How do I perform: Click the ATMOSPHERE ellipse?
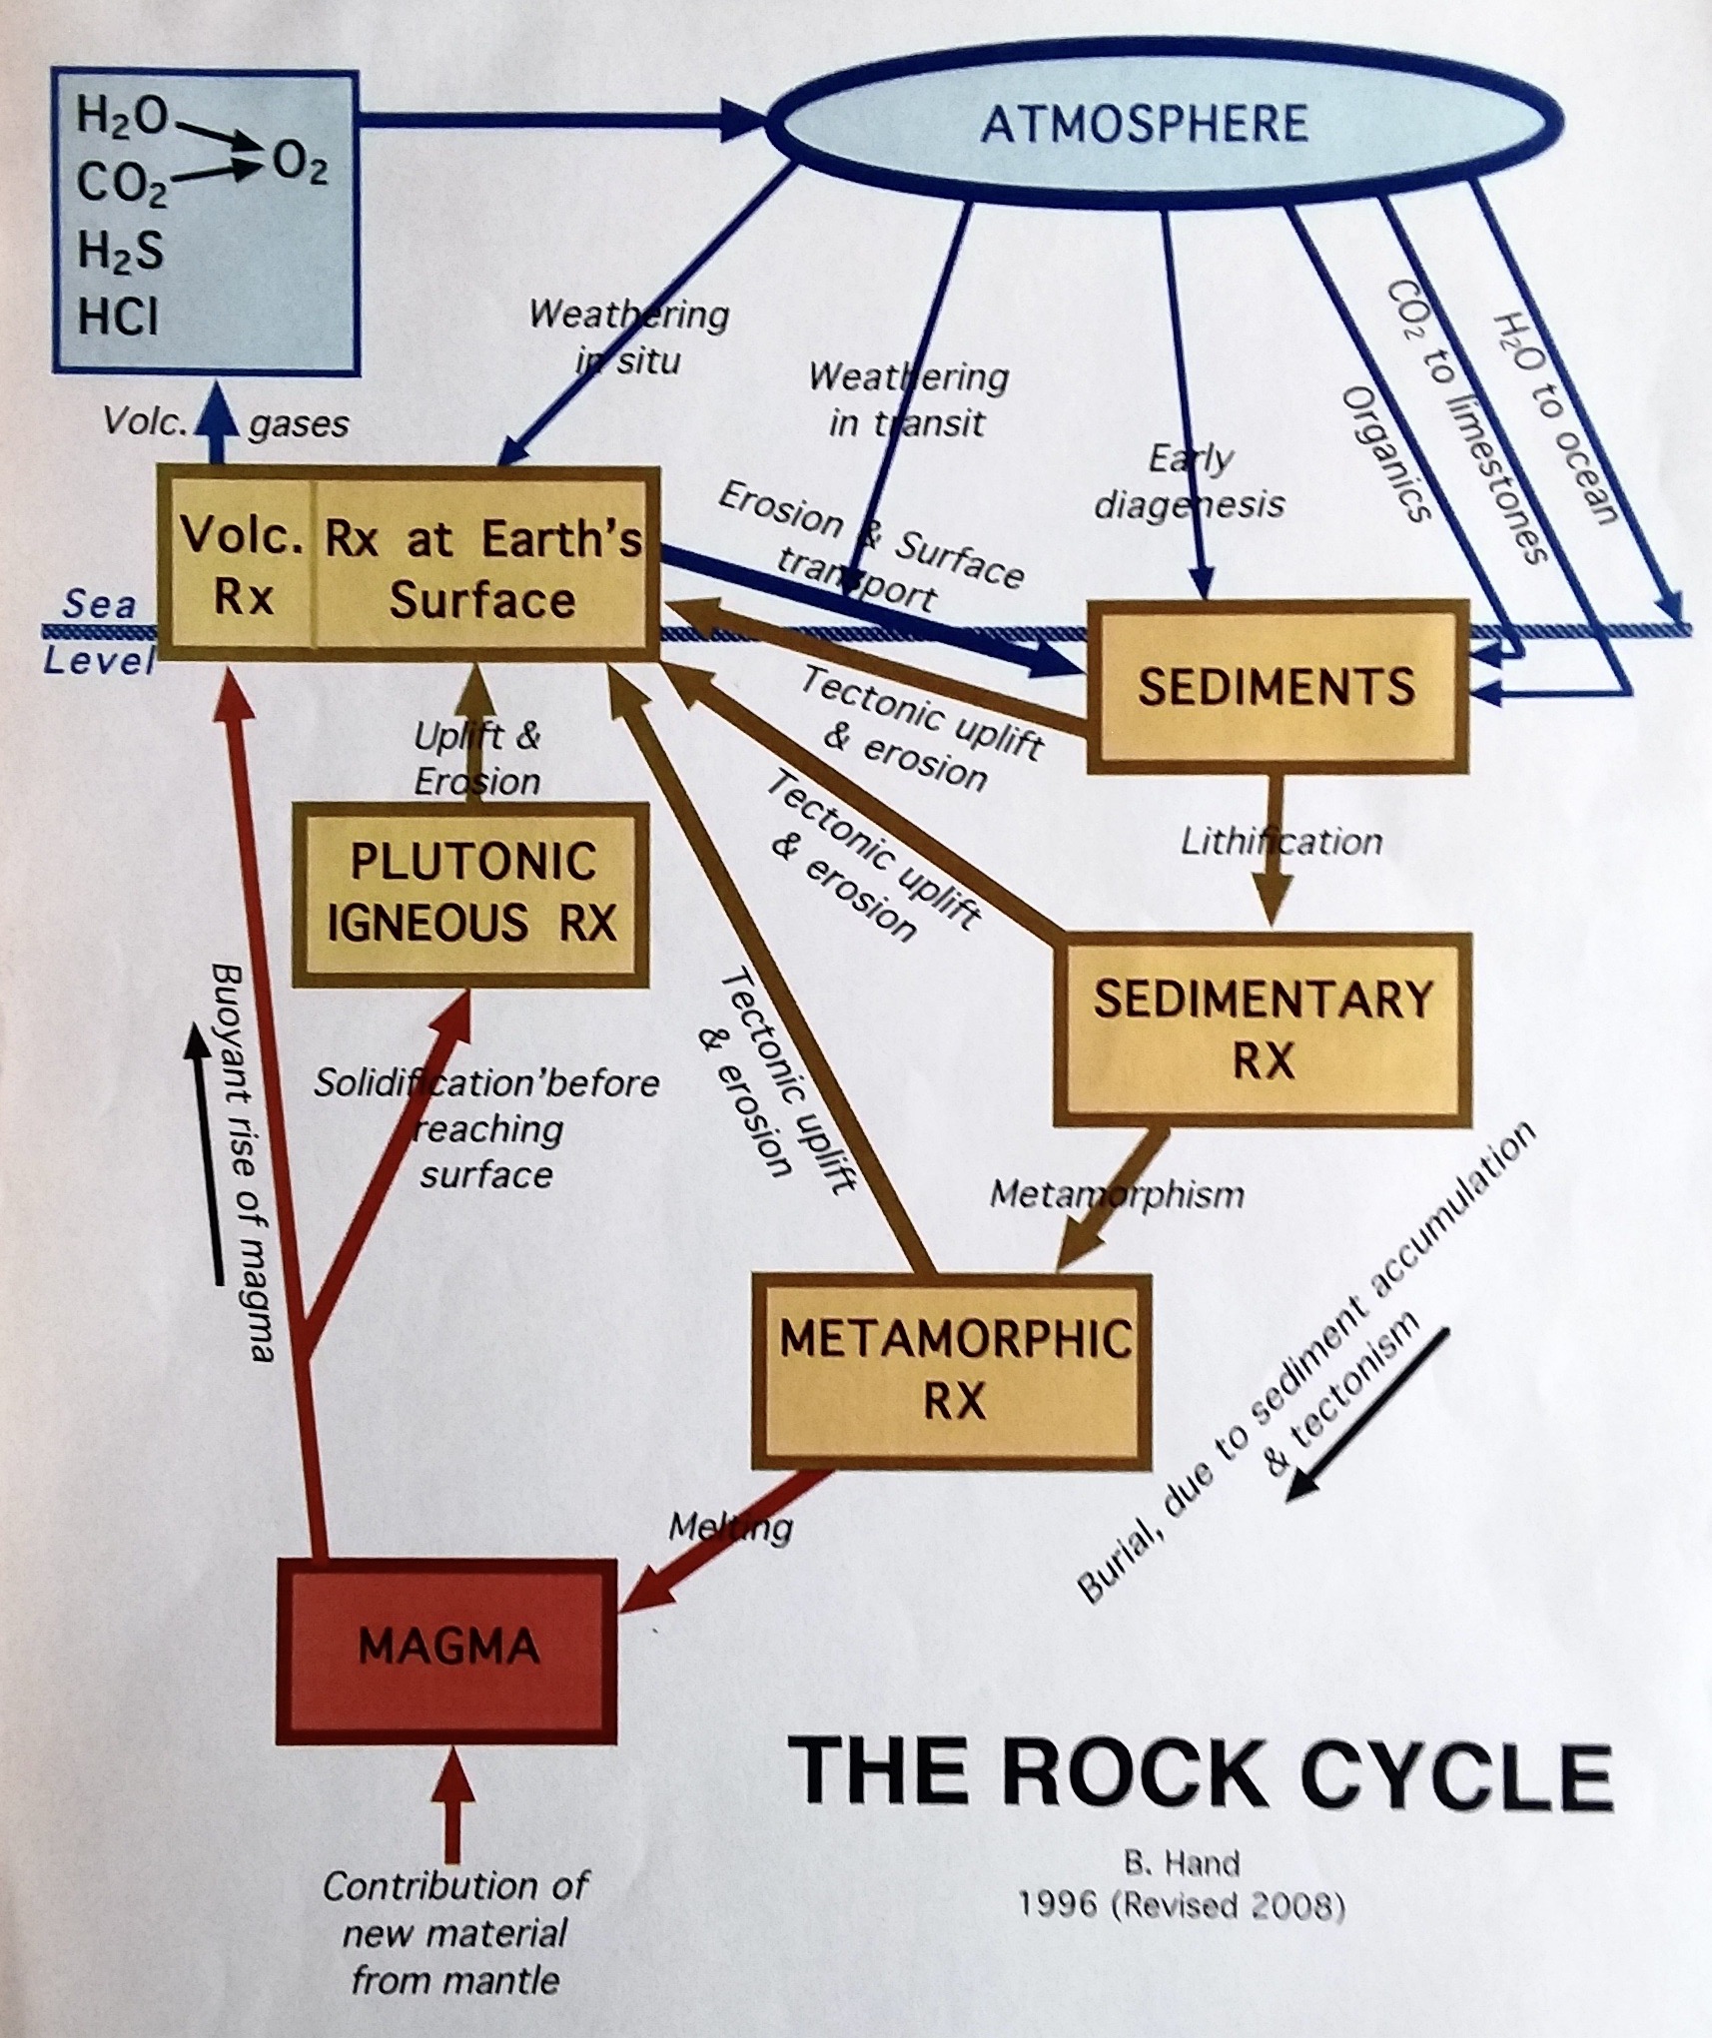point(1144,124)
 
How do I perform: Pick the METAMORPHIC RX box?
point(954,1369)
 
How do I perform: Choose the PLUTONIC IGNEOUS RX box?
point(470,894)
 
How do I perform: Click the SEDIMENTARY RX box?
point(1263,1029)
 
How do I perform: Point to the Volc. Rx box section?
point(242,567)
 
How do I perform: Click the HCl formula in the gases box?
point(118,319)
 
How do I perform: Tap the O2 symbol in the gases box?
point(299,166)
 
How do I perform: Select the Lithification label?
point(1282,842)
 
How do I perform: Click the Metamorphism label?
point(1116,1194)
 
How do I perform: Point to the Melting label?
point(730,1527)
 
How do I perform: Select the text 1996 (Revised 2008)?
point(1181,1906)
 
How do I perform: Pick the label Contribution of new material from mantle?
point(455,1933)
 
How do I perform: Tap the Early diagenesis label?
point(1189,481)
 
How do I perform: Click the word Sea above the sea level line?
point(98,604)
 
